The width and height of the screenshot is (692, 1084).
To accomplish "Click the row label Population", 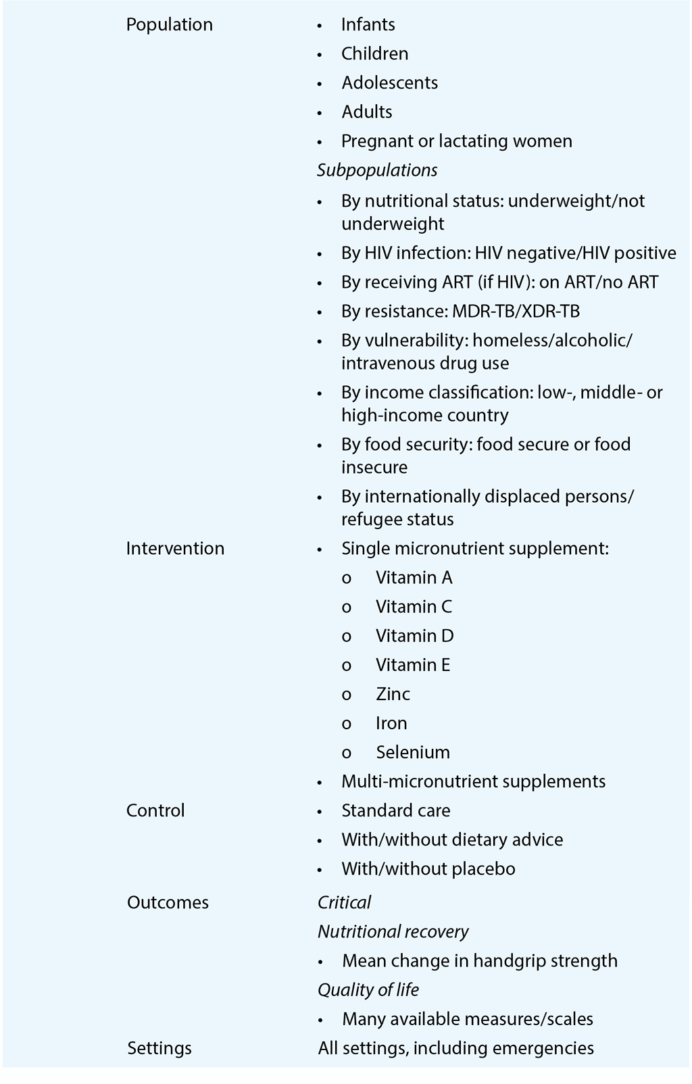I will coord(169,25).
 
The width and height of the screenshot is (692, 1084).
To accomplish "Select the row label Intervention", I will coord(175,548).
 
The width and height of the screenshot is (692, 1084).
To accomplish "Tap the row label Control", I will coord(155,810).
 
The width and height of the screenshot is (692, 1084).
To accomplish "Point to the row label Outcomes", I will coord(168,902).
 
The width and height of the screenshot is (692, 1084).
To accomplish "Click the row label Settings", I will coord(159,1048).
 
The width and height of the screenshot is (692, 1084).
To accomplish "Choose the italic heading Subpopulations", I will coord(377,170).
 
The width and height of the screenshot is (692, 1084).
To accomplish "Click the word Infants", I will coord(368,25).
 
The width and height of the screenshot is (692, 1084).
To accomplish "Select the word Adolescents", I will coord(389,83).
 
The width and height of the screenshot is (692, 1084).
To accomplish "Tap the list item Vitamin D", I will coord(414,636).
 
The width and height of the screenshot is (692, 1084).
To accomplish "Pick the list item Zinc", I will coord(393,694).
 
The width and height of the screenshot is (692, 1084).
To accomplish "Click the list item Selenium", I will coord(412,752).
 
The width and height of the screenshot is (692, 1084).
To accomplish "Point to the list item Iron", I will coord(391,723).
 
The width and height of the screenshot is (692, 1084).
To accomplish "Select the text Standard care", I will coord(395,810).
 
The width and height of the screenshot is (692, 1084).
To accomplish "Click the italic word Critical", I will coord(344,902).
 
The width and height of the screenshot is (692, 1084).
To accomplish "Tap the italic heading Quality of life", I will coord(368,990).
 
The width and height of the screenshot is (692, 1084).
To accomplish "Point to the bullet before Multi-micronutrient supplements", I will coord(320,782).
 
